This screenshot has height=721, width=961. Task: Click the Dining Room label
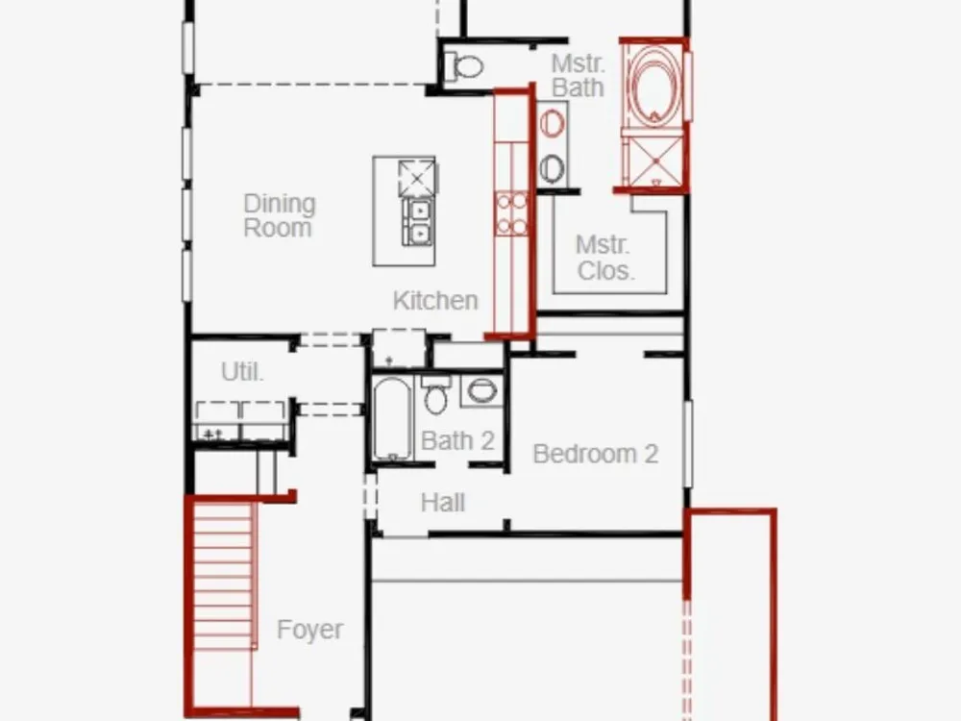point(280,215)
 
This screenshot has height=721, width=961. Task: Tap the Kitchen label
point(435,300)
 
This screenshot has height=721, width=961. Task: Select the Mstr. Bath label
point(578,75)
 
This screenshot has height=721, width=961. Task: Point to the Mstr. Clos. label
point(604,258)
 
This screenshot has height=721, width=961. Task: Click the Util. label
point(242,371)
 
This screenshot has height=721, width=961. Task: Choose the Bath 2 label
point(457,440)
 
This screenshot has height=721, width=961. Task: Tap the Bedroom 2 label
point(596,454)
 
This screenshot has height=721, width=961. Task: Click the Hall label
point(443,503)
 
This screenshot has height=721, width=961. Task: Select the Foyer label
point(309,630)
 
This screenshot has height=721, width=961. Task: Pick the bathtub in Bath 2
point(392,419)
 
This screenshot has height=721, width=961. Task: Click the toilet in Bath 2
point(435,395)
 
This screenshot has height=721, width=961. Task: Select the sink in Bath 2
point(481,390)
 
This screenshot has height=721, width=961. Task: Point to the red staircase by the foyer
point(224,604)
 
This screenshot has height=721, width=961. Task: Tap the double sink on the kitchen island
point(418,222)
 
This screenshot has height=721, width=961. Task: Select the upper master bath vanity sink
point(552,123)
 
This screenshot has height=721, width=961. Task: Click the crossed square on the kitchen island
point(417,179)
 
